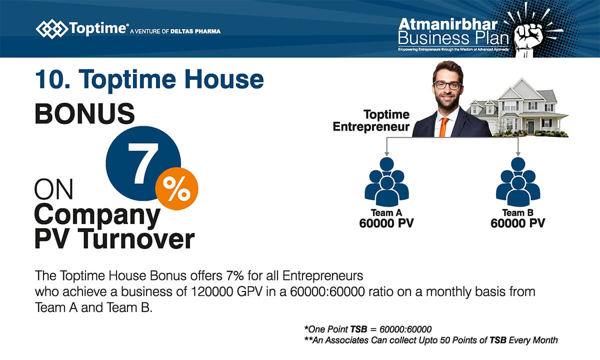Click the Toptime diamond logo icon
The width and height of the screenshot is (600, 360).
(x=51, y=29)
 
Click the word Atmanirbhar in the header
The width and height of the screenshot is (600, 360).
(x=448, y=24)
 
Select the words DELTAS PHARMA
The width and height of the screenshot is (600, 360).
(x=195, y=31)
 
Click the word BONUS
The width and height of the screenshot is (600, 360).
(x=84, y=113)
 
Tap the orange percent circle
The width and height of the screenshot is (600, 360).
(x=177, y=188)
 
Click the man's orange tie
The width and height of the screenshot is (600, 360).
(x=443, y=127)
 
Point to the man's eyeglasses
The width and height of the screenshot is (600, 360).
(x=447, y=85)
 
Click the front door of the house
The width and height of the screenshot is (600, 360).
(x=531, y=126)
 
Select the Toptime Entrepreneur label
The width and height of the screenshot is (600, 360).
(x=371, y=120)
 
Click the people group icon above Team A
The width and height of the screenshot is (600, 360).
(x=386, y=182)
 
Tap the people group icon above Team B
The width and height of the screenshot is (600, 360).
(x=518, y=182)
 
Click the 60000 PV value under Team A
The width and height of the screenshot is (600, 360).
(x=386, y=223)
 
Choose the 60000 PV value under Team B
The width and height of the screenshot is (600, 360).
(x=518, y=223)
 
